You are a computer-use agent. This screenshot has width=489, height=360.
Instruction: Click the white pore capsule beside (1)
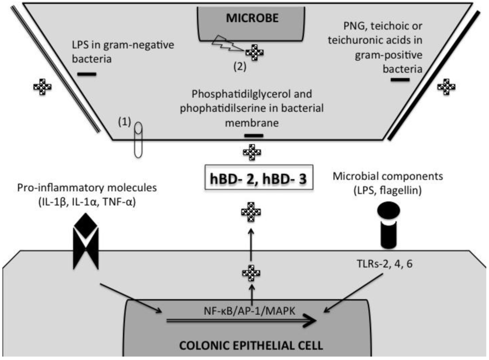(x=138, y=140)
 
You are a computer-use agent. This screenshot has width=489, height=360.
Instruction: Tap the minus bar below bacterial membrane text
(x=254, y=136)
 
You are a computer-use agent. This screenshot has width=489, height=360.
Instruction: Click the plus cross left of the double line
(x=42, y=87)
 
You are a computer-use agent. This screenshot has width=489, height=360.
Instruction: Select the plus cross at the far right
(x=446, y=86)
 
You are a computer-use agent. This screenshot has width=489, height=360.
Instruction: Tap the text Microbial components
(x=387, y=176)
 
